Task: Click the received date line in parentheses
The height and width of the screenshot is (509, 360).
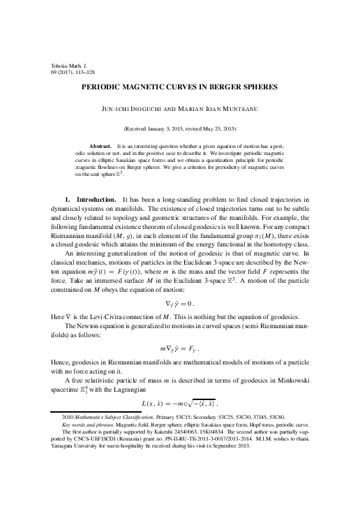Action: click(x=179, y=128)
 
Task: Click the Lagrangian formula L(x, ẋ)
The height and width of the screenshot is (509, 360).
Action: click(x=179, y=404)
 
